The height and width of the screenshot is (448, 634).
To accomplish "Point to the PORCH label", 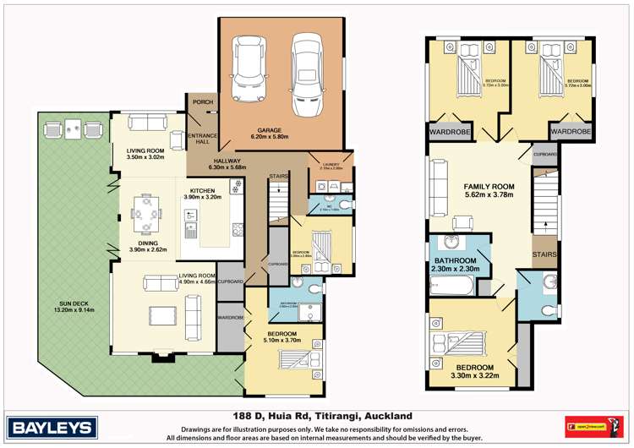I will [x=203, y=102].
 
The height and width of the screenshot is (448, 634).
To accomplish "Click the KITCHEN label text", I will [x=203, y=190].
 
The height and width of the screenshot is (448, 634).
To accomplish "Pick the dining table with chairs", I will [x=148, y=213].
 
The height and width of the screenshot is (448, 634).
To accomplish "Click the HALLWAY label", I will [x=228, y=161].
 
